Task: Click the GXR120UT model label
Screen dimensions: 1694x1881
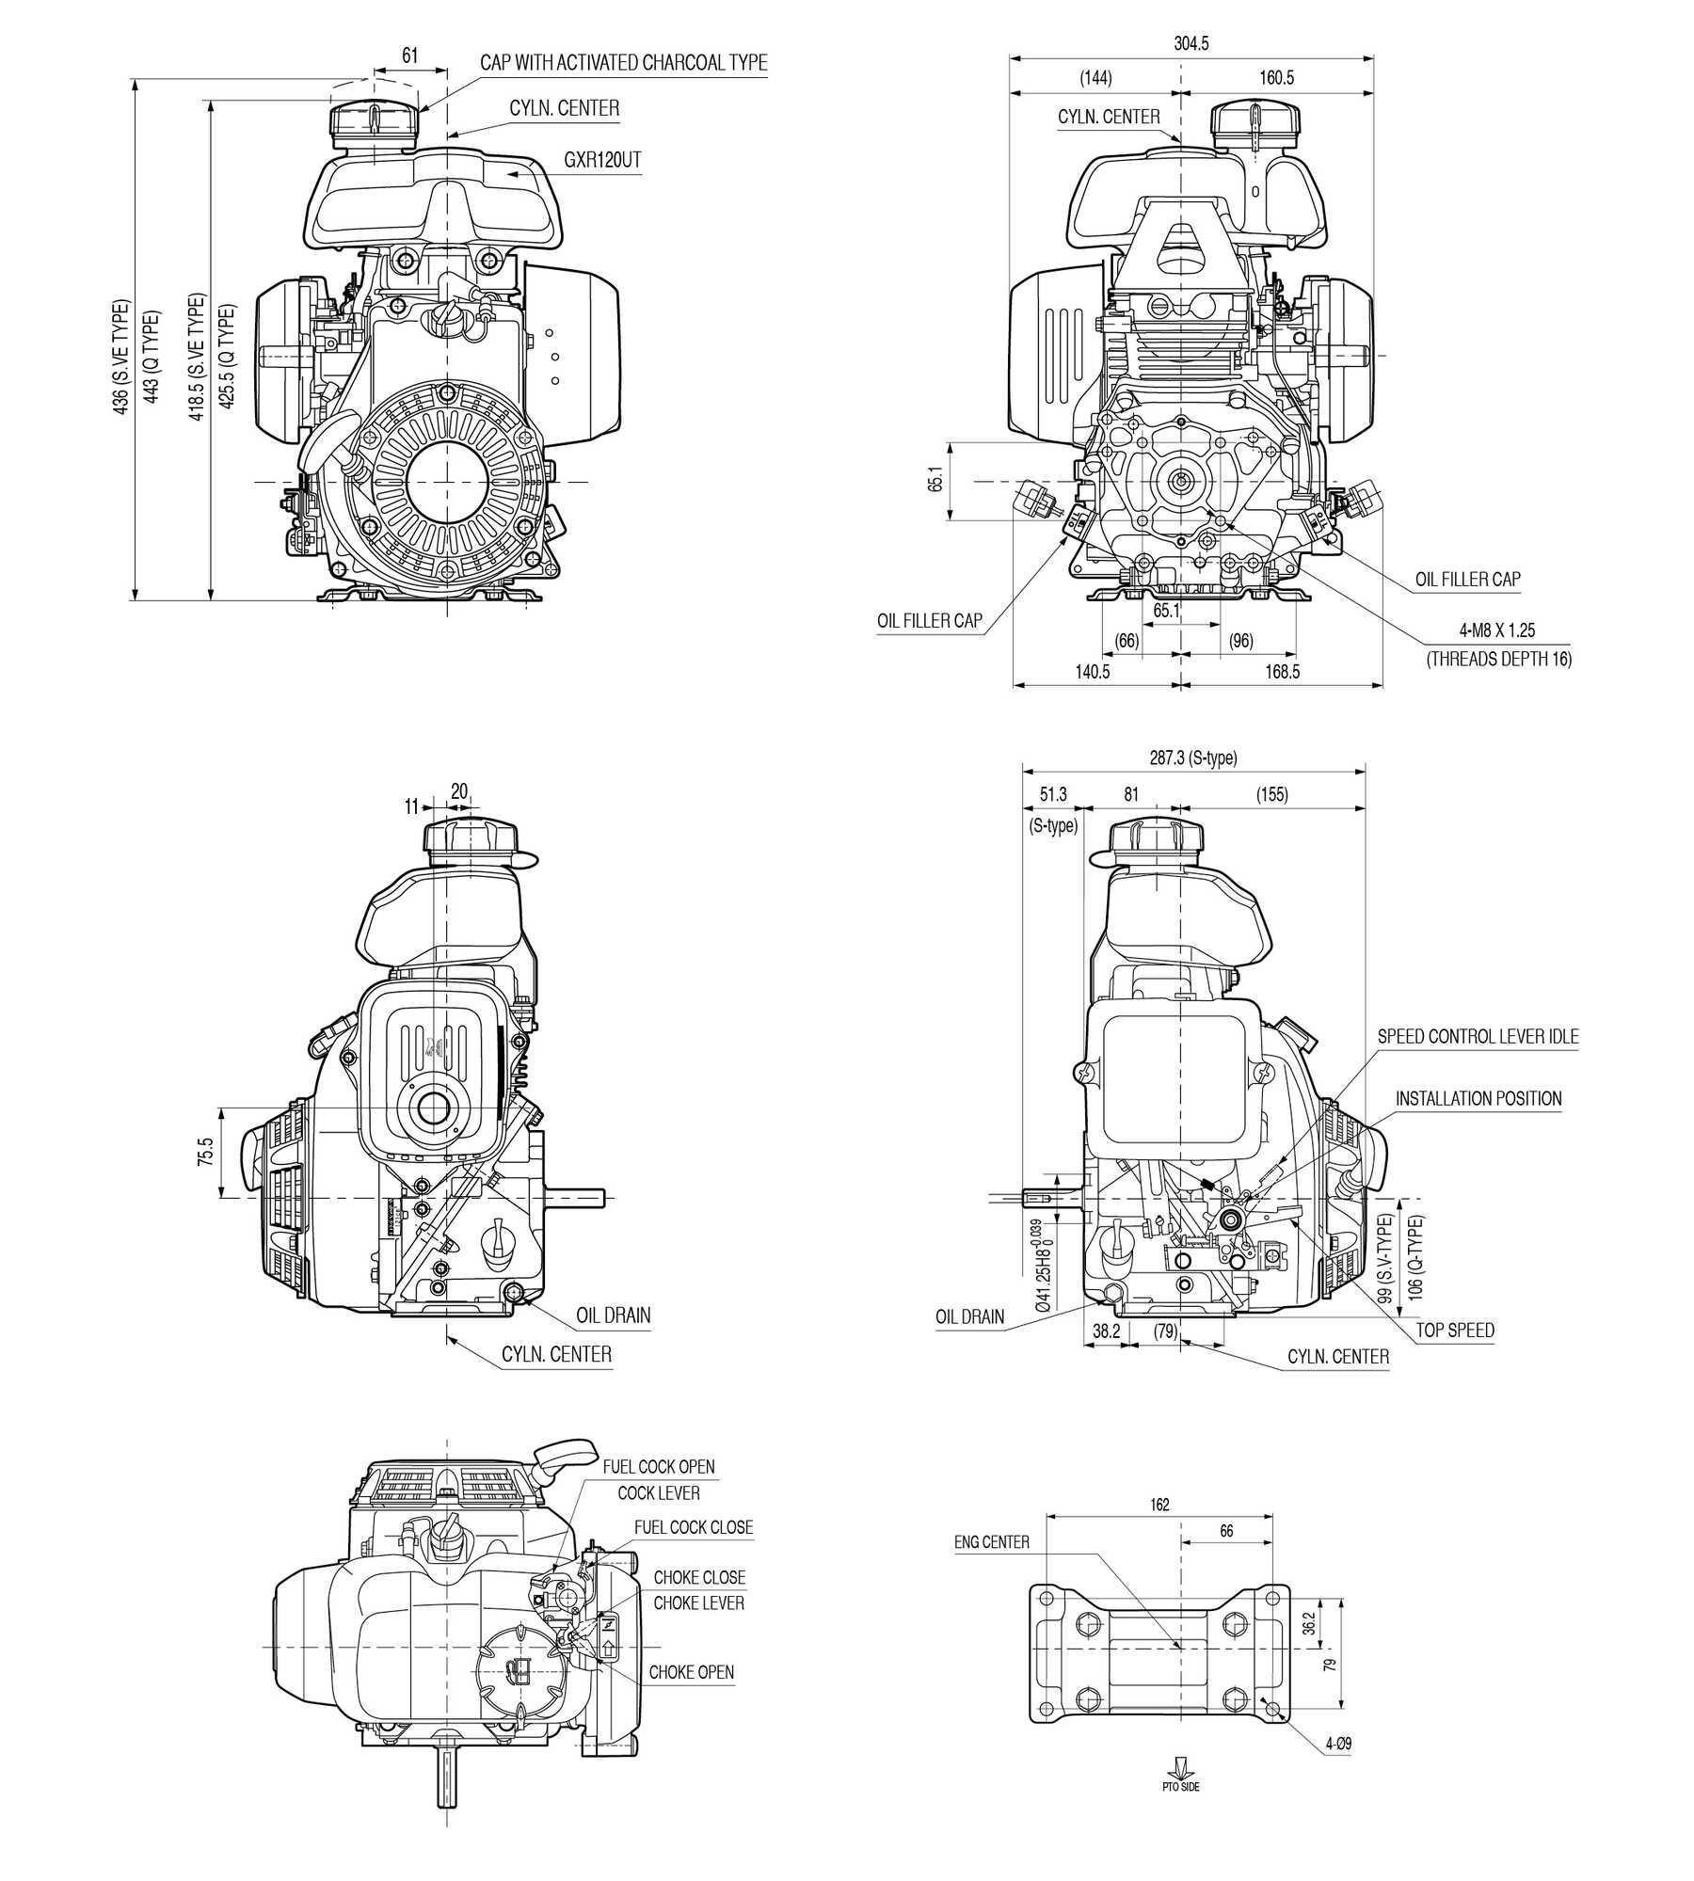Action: click(x=602, y=160)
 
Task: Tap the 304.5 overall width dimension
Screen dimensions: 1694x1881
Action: click(x=1191, y=43)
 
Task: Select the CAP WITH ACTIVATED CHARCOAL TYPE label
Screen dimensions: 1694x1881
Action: click(x=624, y=63)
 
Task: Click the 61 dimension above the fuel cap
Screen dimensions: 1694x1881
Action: click(x=409, y=56)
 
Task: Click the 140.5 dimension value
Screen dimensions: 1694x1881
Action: click(x=1093, y=671)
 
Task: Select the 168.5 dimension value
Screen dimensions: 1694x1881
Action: click(x=1283, y=671)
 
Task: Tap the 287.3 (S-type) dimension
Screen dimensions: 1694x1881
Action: click(x=1193, y=757)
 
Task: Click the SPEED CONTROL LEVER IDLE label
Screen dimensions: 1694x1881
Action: click(x=1478, y=1036)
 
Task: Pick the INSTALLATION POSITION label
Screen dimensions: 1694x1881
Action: click(x=1478, y=1098)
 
